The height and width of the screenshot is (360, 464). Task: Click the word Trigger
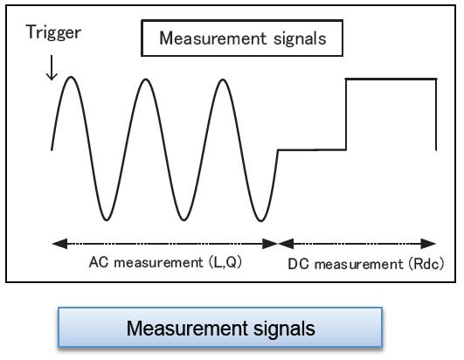coord(53,32)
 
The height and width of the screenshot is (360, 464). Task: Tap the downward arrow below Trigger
coord(52,67)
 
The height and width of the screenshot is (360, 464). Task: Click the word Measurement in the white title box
coord(213,38)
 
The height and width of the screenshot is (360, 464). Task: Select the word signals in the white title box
coord(300,39)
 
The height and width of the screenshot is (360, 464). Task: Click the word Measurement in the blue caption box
coord(187,328)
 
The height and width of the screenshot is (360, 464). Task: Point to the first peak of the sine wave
coord(71,77)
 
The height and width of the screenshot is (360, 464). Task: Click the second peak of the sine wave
coord(146,80)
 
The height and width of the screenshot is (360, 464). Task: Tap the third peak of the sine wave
coord(223,80)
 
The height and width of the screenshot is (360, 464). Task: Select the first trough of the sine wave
coord(107,220)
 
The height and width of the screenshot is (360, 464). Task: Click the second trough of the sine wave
coord(184,220)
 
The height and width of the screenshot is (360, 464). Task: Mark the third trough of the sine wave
coord(260,220)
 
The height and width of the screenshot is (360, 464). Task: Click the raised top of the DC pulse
coord(391,79)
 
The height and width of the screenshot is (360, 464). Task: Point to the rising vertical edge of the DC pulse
coord(346,114)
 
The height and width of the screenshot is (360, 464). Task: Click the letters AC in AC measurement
coord(99,262)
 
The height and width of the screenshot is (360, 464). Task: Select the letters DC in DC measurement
coord(298,264)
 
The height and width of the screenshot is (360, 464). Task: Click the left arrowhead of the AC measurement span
coord(59,244)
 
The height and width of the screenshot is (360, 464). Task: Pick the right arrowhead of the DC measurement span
coord(428,244)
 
